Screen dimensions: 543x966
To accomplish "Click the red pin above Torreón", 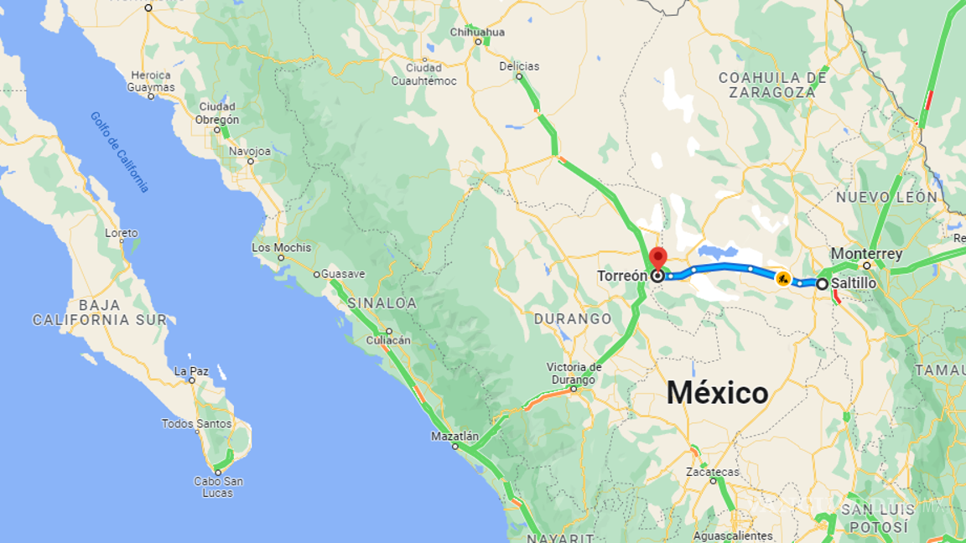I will [x=657, y=257].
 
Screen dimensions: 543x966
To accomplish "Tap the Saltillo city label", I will [x=854, y=284].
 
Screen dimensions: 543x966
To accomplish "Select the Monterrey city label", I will [x=866, y=254].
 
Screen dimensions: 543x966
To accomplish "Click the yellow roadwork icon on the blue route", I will [x=783, y=278].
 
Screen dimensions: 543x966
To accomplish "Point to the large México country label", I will [x=717, y=393].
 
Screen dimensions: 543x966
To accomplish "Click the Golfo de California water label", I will [x=120, y=152].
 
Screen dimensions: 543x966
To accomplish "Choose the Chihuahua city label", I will [x=477, y=32].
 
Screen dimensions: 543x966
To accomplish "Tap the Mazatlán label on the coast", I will [x=454, y=437].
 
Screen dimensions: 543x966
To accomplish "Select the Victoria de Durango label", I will [x=574, y=372].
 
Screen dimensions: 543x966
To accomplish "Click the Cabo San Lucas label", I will [x=218, y=487].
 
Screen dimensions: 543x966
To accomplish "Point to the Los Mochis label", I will [x=281, y=247].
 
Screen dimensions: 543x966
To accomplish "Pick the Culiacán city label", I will [x=388, y=340].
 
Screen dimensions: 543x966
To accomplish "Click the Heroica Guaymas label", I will [x=151, y=81].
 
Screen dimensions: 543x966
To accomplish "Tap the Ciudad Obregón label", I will [x=218, y=113].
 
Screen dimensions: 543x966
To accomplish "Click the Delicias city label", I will [x=518, y=66].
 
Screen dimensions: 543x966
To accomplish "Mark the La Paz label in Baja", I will [x=191, y=370].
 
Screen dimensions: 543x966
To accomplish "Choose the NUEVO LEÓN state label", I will [x=886, y=197].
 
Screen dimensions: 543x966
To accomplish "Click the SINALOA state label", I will [x=382, y=303].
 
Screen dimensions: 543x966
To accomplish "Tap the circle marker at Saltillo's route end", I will [x=823, y=284].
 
